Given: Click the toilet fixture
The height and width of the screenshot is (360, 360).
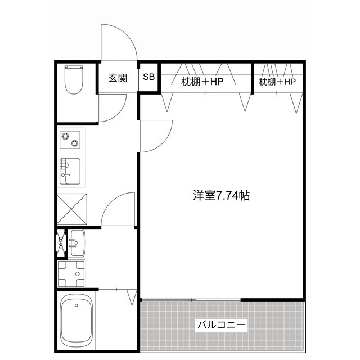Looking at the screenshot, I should [74, 80].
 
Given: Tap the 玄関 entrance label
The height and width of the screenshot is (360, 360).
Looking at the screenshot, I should [118, 78].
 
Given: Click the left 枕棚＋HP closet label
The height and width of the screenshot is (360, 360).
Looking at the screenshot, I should [202, 82].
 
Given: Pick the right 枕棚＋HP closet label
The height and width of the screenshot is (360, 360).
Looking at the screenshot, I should [277, 82].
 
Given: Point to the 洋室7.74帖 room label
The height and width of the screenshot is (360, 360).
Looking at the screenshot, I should [221, 196].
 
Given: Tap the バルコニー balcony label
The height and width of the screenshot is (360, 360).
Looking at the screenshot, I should [222, 325].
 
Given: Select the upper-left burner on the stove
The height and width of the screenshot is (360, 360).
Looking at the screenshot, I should [65, 135].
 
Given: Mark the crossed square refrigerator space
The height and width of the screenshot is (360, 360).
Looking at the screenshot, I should [71, 209].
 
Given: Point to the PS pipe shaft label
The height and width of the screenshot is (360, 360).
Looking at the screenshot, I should [61, 242].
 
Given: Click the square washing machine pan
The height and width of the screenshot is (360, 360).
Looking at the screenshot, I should [71, 273].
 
